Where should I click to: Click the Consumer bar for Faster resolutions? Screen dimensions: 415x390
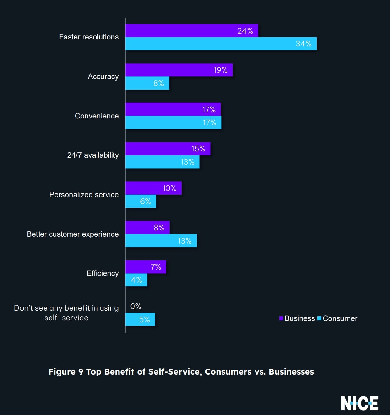[x=221, y=44]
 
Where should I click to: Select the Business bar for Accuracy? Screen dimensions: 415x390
[x=179, y=70]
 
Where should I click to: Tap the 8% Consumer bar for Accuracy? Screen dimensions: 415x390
[x=147, y=83]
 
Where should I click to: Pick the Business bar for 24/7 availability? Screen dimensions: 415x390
[x=168, y=149]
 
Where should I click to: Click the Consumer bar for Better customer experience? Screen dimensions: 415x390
[x=161, y=241]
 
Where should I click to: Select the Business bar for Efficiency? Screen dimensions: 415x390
[x=146, y=267]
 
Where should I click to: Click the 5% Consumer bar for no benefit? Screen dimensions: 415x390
[x=140, y=319]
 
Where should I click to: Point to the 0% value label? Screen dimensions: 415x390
[x=135, y=306]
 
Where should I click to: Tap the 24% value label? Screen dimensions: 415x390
[x=245, y=31]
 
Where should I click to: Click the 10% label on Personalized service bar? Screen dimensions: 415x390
[x=169, y=188]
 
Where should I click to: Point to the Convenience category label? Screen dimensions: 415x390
[x=97, y=116]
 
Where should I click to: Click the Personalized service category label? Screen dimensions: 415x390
[x=84, y=195]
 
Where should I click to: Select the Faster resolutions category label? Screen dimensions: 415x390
[x=89, y=37]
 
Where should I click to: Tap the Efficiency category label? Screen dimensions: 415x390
[x=103, y=273]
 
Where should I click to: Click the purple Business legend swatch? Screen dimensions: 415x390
[x=281, y=318]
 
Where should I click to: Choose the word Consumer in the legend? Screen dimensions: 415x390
[x=340, y=318]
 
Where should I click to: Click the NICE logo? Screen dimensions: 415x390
[x=360, y=403]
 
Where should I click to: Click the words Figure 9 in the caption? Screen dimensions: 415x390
[x=66, y=372]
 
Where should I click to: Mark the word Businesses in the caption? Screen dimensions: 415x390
[x=291, y=372]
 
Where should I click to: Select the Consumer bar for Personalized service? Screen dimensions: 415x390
[x=141, y=201]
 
